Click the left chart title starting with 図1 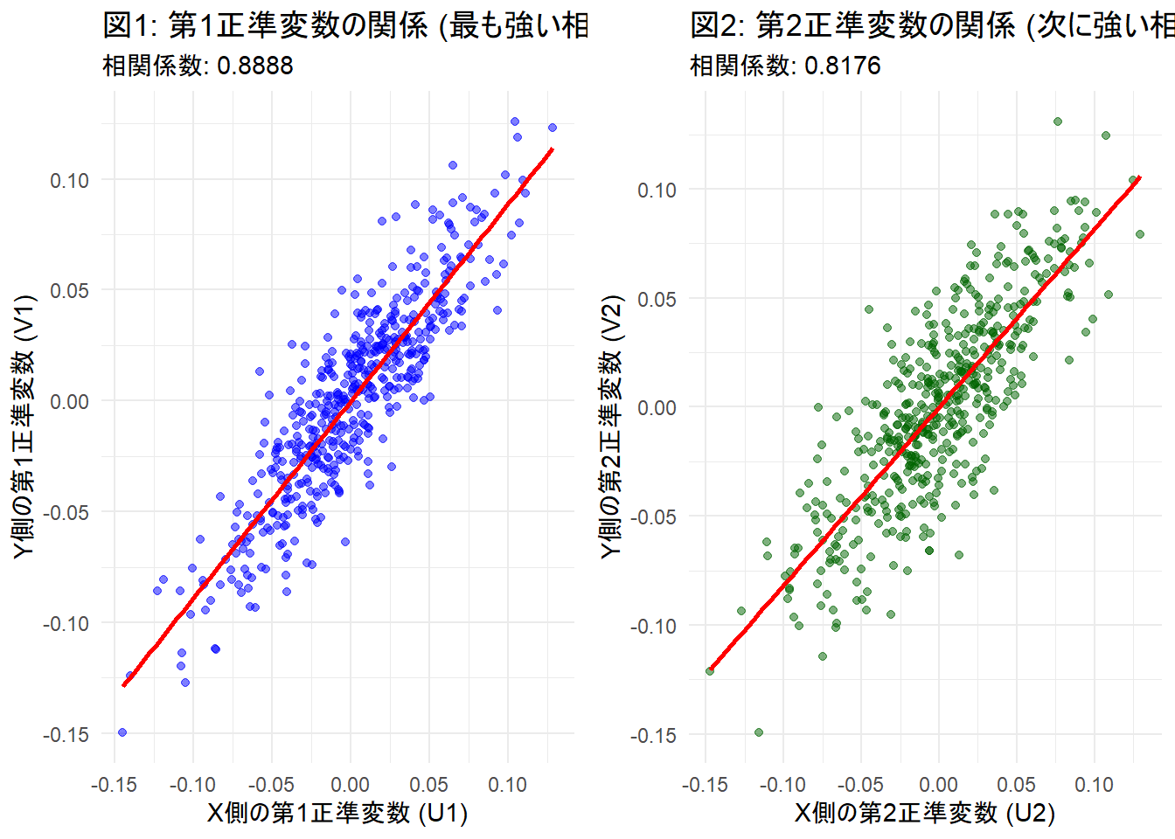coord(345,25)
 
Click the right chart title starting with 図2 coord(932,25)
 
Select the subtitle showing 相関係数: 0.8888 coord(198,66)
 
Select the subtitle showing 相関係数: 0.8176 coord(785,66)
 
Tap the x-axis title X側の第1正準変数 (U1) coord(337,813)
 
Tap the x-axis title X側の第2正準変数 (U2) coord(925,813)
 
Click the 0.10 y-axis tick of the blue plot coord(69,180)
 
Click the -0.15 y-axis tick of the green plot coord(653,735)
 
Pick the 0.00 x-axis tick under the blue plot coord(350,784)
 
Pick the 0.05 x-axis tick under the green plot coord(1016,784)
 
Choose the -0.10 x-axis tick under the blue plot coord(191,784)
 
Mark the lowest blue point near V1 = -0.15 coord(122,732)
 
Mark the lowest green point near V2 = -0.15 coord(759,732)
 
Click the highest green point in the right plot coord(1058,121)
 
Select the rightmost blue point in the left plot coord(553,128)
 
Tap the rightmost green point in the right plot coord(1140,234)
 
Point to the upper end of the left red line coord(553,149)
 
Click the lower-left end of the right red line coord(710,671)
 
